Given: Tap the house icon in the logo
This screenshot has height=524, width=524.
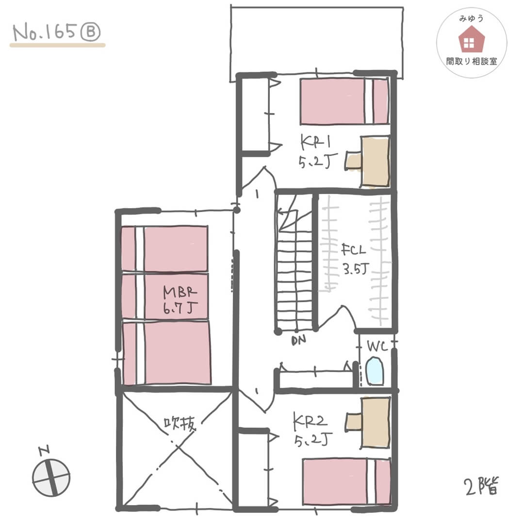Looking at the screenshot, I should [x=469, y=41].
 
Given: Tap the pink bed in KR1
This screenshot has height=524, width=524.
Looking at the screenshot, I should [x=344, y=101].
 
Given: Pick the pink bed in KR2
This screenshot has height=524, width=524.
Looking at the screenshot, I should [x=346, y=481].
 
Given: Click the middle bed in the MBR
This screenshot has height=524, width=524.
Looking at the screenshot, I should [x=164, y=296].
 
